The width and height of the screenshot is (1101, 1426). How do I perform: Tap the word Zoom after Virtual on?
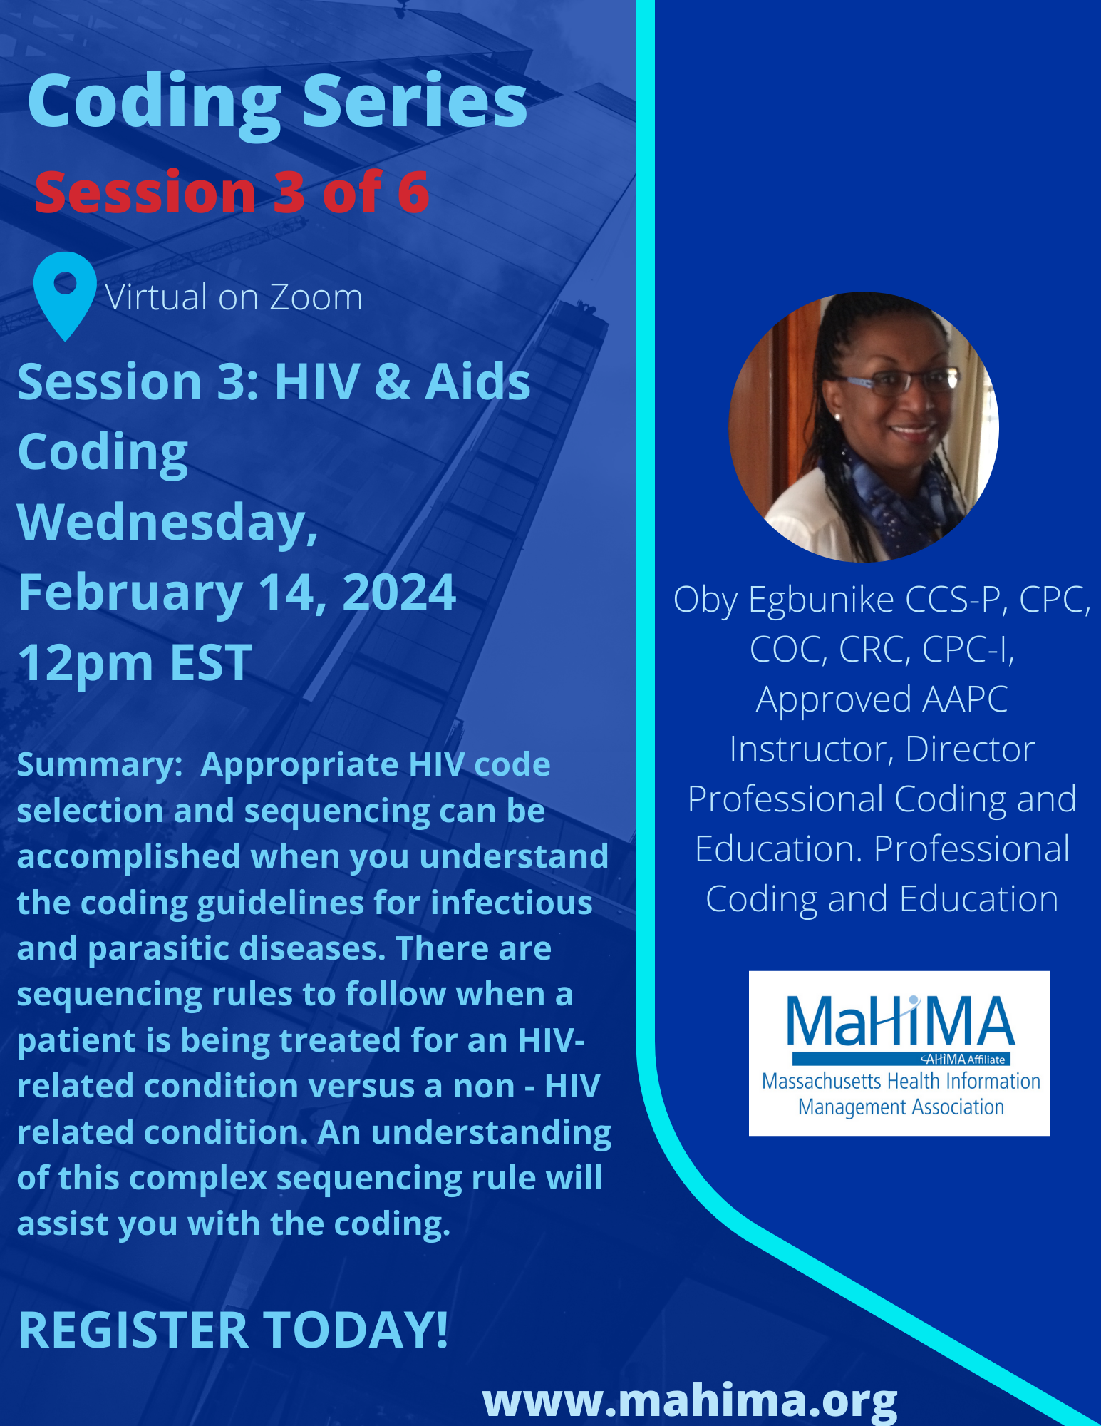316,297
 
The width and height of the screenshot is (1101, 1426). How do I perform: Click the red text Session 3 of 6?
232,192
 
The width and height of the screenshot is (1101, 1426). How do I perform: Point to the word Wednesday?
167,523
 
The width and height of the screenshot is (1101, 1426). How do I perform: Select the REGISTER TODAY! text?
233,1330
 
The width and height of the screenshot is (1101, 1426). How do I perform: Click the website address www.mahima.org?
690,1401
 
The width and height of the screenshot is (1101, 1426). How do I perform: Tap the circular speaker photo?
864,427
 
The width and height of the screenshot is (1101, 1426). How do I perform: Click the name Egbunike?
820,600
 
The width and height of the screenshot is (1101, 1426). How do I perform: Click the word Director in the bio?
970,749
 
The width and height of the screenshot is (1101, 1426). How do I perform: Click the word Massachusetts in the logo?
821,1081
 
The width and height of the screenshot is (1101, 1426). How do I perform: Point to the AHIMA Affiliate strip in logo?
901,1059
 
